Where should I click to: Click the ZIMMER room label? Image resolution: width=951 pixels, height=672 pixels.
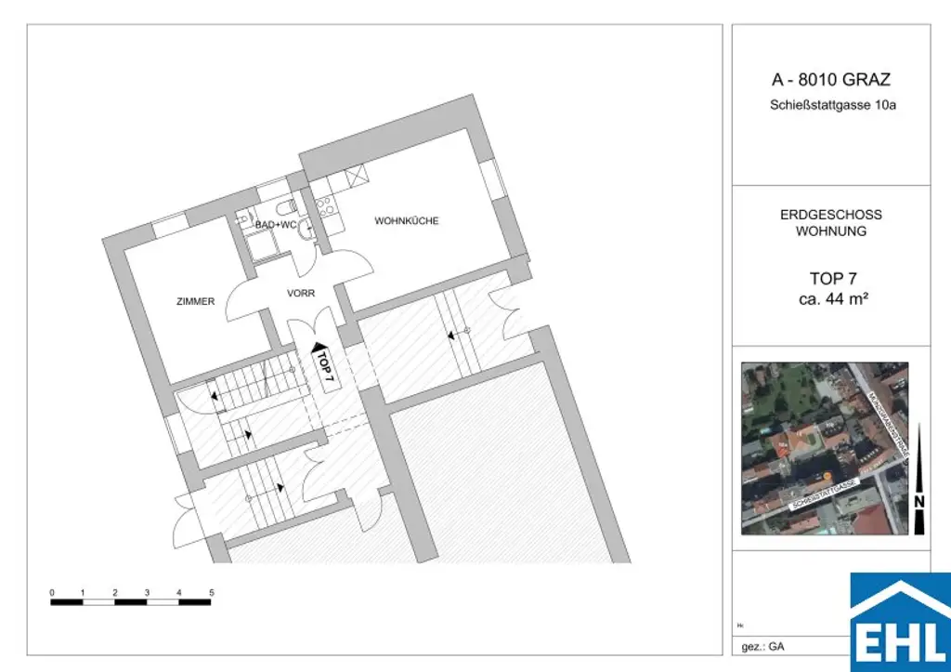(196, 301)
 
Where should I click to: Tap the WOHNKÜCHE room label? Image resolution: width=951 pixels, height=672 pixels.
(406, 221)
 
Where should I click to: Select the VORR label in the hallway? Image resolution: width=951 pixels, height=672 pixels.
(301, 294)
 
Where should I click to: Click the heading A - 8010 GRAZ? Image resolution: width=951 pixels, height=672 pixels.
(832, 80)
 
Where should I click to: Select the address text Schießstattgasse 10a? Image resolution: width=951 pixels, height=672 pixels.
(832, 106)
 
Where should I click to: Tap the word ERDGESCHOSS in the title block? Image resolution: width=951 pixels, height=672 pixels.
(831, 215)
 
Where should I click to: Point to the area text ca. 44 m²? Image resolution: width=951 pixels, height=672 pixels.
(832, 298)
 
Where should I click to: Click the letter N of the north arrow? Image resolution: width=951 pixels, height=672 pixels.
(919, 502)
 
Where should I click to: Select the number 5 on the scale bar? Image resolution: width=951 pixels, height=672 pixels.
(212, 592)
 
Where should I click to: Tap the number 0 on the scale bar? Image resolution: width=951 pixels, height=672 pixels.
(52, 592)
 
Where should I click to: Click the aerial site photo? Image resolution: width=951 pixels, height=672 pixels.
(825, 448)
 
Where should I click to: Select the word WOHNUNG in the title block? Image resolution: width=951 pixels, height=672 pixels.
(831, 231)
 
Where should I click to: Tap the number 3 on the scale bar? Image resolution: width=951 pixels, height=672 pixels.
(148, 592)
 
